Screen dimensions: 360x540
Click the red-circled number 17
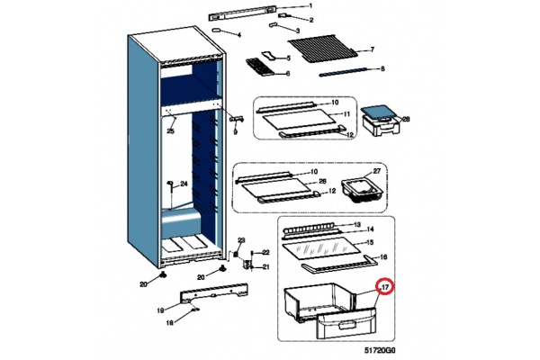384,288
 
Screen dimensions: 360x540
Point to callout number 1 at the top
310,6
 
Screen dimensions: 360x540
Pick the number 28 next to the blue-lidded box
405,118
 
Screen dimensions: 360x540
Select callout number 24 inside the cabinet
184,184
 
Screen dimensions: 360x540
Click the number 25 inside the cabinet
169,132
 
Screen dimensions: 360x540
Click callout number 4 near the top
239,34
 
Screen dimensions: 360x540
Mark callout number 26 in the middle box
320,181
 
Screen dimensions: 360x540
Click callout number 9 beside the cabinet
235,131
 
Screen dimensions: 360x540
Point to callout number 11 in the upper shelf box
346,114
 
